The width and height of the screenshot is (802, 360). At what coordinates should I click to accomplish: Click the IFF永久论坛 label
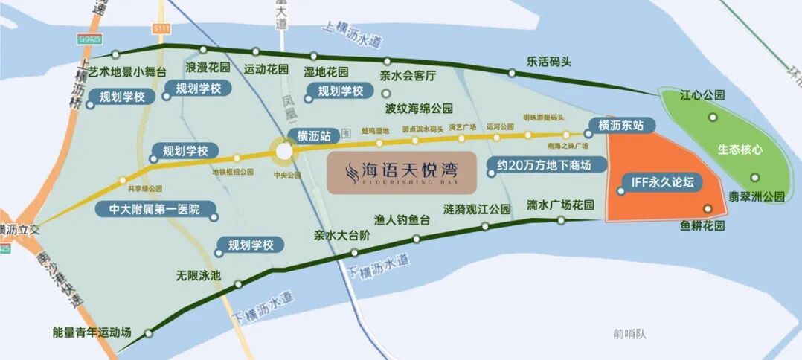point(661,182)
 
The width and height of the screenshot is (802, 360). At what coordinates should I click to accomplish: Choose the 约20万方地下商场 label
point(547,165)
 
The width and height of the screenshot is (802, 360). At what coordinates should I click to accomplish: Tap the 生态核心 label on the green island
point(740,149)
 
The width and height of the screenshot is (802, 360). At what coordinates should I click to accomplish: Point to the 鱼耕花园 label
point(702,225)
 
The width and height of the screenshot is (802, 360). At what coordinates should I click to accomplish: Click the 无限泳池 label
point(199,275)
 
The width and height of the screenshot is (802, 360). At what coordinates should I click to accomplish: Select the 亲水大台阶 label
point(341,235)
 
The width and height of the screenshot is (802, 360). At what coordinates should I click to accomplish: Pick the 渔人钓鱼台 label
point(402,220)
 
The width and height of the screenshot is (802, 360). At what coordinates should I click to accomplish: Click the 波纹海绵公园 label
point(419,108)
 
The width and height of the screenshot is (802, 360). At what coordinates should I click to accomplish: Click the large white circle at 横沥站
point(283,152)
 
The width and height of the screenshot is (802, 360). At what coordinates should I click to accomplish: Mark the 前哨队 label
point(630,333)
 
